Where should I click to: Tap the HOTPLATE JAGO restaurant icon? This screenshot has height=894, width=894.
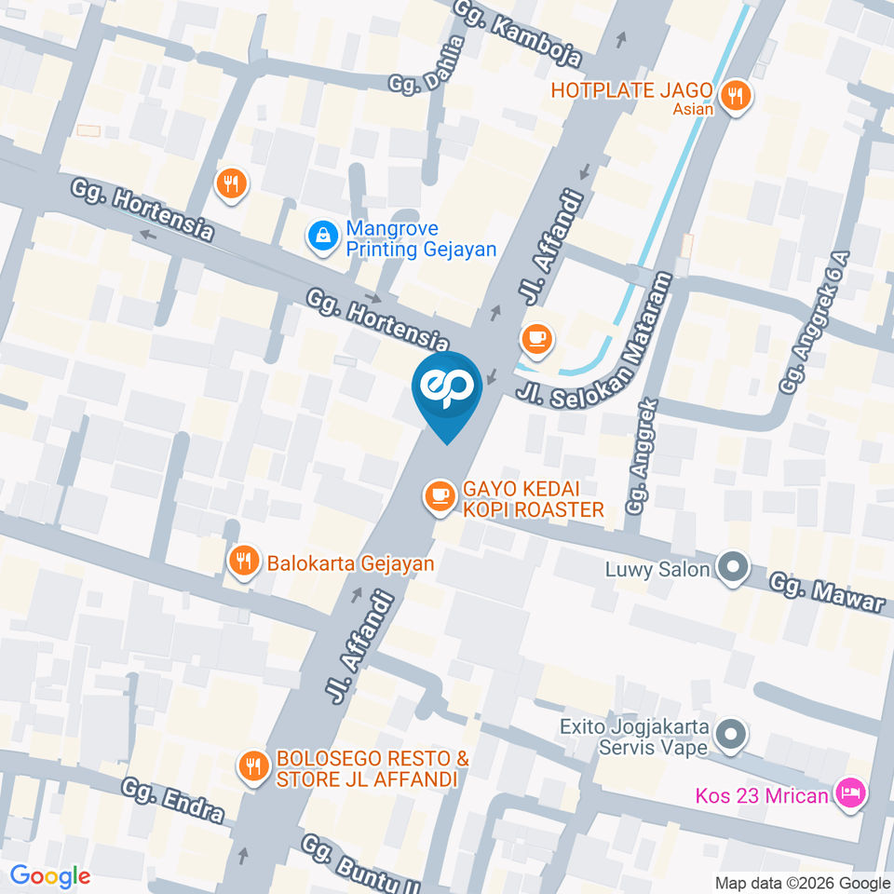tap(736, 94)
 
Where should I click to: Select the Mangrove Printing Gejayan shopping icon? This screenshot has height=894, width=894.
tap(321, 237)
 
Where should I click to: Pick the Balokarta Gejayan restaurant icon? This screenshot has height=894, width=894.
tap(243, 562)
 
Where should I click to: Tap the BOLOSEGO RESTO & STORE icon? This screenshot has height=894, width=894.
tap(251, 766)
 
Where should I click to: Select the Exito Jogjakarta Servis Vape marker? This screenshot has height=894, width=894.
tap(733, 736)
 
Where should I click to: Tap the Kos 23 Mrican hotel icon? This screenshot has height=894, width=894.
tap(851, 795)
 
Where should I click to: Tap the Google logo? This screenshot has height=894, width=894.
tap(50, 875)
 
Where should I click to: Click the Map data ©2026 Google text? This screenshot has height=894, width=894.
tap(803, 883)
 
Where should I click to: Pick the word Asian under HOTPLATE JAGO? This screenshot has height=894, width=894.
tap(694, 110)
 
